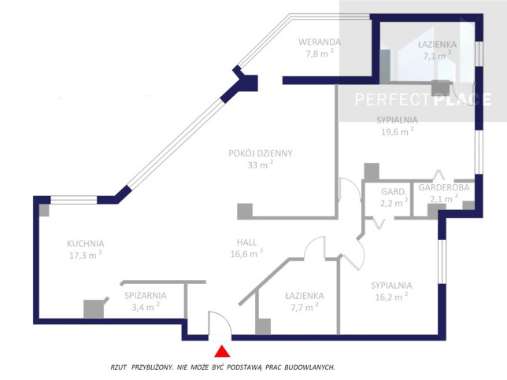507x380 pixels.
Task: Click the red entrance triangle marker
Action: coord(222,352)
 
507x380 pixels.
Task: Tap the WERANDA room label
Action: coord(320,42)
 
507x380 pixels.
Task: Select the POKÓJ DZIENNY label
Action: coord(261,153)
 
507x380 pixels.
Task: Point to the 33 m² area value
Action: coord(261,164)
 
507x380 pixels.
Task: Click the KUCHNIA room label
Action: coord(85,244)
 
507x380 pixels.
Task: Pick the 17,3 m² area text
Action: coord(85,255)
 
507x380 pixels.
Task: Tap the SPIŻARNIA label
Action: coord(146,295)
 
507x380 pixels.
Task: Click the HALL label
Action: coord(246,242)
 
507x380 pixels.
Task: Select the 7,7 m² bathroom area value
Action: coord(304,307)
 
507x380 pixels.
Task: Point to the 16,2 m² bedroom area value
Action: coord(391,297)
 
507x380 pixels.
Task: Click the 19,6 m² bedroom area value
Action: coord(398,131)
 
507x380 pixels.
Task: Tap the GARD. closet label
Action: coord(394,192)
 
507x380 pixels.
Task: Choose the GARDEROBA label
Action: coord(444,187)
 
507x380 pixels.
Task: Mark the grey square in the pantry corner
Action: coord(94,309)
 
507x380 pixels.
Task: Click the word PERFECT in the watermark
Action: coord(393,99)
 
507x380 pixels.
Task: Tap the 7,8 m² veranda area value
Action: coord(320,53)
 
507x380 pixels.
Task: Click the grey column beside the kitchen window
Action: coord(44,210)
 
